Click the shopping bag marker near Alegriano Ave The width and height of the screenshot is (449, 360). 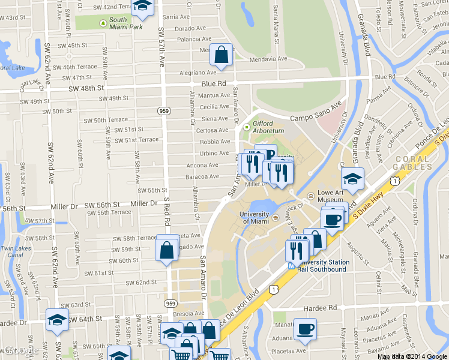point(221,55)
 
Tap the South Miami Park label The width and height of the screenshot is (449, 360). point(125,23)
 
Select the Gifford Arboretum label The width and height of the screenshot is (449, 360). point(268,127)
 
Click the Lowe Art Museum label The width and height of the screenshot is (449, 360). point(330,200)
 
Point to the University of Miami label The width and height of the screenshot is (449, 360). point(254,218)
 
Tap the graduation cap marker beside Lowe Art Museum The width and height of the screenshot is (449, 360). point(352,179)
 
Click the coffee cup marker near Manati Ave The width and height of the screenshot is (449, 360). point(305,329)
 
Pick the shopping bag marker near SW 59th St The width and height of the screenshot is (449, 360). point(167,248)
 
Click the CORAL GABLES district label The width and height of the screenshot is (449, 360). point(412,163)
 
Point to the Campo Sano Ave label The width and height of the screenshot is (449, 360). point(315,118)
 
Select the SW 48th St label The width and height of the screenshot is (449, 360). point(86,88)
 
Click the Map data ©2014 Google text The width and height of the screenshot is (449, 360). point(412,356)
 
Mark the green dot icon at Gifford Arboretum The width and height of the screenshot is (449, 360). point(246,127)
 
